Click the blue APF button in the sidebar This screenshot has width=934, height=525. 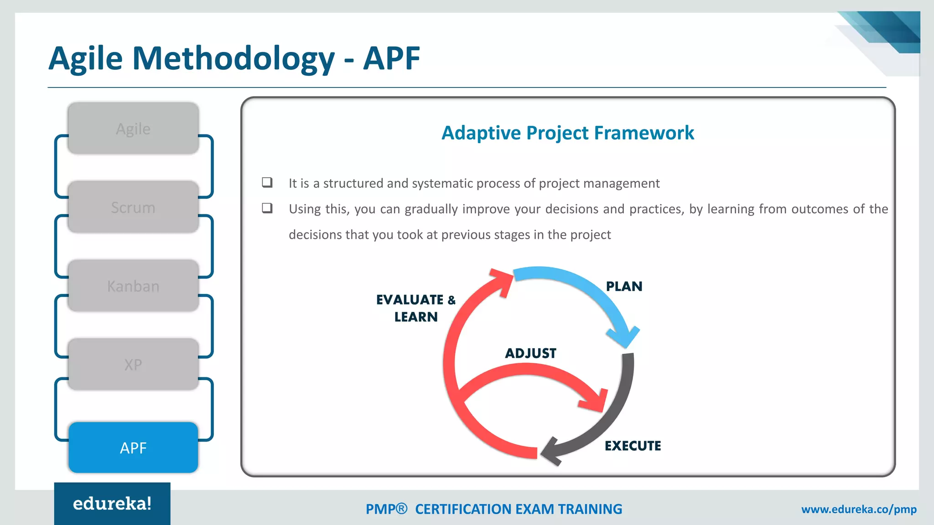[133, 448]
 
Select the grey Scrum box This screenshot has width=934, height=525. [133, 207]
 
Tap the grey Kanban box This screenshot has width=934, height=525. [133, 286]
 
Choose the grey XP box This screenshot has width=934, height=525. [133, 364]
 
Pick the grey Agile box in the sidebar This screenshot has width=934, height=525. [133, 129]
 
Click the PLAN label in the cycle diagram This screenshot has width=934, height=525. [624, 286]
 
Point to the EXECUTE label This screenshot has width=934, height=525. [633, 446]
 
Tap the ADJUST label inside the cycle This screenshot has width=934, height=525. [530, 353]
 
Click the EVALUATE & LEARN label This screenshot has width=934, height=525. [415, 308]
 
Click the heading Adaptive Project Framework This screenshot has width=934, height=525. [567, 133]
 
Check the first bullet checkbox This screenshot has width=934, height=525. [267, 182]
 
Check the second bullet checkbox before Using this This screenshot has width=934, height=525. [267, 208]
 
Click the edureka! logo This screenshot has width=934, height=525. [112, 504]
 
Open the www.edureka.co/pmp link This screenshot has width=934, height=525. [859, 509]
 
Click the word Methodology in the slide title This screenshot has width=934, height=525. [233, 58]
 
